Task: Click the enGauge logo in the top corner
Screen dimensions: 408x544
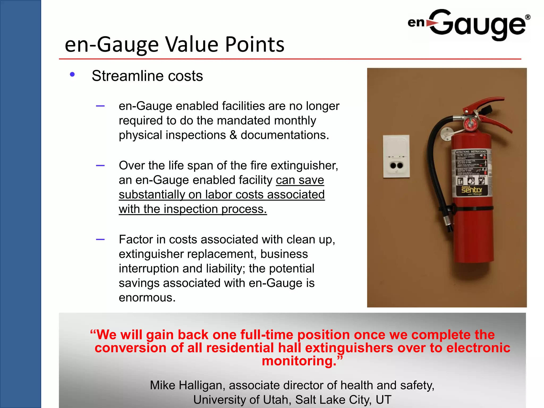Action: point(469,24)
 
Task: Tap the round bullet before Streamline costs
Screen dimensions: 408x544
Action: point(72,75)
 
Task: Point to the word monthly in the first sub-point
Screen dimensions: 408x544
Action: point(295,121)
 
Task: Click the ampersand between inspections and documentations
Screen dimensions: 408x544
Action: point(233,135)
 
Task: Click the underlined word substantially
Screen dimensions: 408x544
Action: point(152,194)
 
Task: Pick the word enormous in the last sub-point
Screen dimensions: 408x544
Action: point(147,297)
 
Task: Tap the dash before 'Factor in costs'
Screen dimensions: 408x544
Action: point(100,239)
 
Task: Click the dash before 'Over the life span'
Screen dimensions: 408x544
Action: point(100,165)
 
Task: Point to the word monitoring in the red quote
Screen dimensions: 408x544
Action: point(299,361)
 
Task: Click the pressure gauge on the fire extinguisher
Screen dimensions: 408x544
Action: point(470,123)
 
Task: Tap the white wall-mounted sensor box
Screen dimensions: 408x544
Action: point(396,156)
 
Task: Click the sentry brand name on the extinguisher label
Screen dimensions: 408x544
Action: point(472,190)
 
